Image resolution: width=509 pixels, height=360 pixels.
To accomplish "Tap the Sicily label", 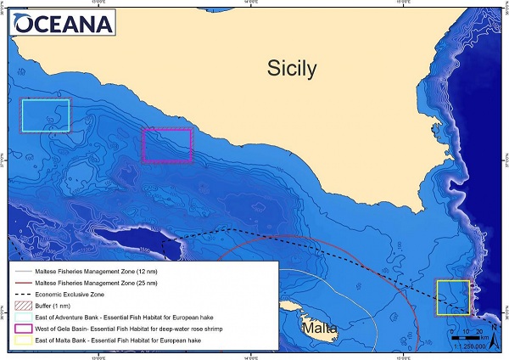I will (294, 67).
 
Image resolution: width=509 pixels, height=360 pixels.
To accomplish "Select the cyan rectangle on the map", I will (45, 115).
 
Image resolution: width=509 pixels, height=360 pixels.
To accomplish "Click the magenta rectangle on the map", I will (168, 145).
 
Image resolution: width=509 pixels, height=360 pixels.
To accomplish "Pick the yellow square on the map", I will (452, 296).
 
